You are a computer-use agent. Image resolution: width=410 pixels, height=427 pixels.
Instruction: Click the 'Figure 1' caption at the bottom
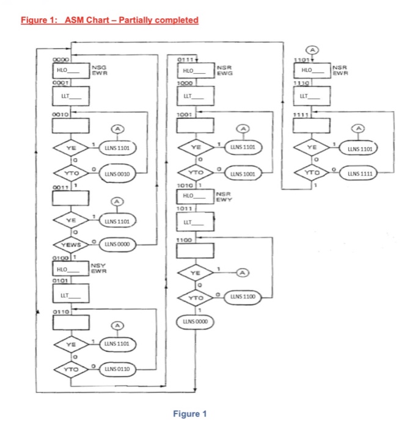[190, 414]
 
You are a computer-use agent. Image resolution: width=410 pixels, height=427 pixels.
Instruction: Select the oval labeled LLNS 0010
[119, 174]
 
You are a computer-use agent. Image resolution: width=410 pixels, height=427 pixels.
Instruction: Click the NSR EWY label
[226, 197]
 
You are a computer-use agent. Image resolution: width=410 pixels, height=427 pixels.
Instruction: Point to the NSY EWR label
[99, 267]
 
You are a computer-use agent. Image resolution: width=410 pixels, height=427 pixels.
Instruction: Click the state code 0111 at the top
[185, 59]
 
